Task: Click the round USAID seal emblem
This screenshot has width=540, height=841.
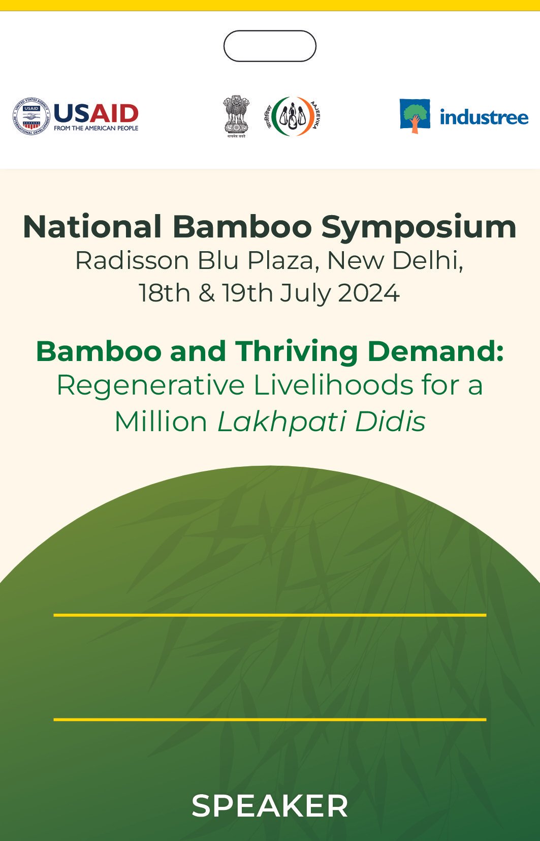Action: click(31, 116)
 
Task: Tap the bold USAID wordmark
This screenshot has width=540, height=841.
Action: click(97, 113)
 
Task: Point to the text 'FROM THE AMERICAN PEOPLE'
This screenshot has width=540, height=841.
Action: click(96, 128)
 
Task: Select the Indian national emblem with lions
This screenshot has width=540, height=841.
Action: click(236, 116)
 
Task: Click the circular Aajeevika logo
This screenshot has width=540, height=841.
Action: click(292, 116)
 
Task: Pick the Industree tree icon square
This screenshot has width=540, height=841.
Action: click(415, 116)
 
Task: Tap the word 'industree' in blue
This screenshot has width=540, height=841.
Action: click(484, 117)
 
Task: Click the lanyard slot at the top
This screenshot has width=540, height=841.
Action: click(270, 46)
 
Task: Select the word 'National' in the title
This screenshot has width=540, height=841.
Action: click(92, 227)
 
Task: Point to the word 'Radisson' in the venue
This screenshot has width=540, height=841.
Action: click(132, 260)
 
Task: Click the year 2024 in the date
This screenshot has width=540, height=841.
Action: click(369, 293)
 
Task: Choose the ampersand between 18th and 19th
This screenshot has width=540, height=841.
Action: click(207, 293)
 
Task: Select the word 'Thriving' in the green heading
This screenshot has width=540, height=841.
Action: click(296, 352)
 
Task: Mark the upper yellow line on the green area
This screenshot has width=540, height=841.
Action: click(270, 615)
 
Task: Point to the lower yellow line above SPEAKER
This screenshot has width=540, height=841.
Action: click(270, 719)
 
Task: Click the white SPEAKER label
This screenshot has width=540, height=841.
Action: click(270, 806)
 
